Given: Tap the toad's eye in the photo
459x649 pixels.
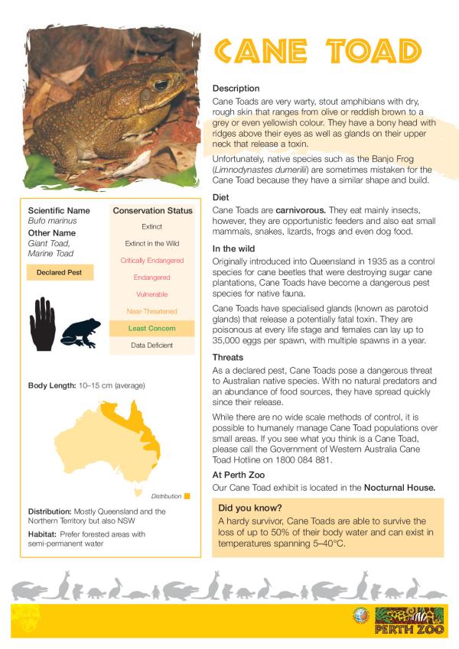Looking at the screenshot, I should pos(161,84).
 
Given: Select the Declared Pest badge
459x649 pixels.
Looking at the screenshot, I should pos(60,272).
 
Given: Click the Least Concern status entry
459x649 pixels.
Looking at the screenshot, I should pos(151,328).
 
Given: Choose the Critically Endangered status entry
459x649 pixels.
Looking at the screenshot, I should pos(151,261).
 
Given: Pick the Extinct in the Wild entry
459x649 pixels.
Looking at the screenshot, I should pos(151,244).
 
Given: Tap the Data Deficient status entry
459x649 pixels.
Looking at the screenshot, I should pos(151,346).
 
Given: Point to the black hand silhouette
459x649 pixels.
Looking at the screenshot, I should pos(42,319).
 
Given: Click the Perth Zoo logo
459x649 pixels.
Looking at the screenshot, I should pos(409,621).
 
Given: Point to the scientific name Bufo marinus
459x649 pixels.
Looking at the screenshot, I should pos(48,220).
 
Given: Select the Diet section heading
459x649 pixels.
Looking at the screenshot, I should pos(221,196).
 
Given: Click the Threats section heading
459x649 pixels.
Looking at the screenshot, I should pos(228,357).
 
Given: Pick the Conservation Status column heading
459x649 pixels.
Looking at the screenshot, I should pos(152,210).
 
